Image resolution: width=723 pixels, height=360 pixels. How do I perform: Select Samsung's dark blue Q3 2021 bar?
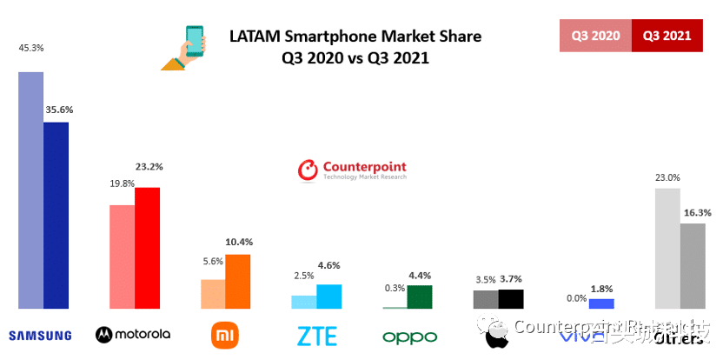point(56,215)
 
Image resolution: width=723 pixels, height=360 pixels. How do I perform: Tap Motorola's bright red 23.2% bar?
point(147,248)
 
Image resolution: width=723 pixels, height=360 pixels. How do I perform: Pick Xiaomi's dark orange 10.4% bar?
point(237,281)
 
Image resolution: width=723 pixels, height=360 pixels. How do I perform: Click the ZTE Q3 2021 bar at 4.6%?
point(328,297)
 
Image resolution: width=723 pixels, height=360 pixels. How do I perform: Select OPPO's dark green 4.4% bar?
point(420,297)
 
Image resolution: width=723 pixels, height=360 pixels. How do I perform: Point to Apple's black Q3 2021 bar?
point(511,299)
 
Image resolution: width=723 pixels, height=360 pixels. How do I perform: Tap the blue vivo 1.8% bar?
point(601,303)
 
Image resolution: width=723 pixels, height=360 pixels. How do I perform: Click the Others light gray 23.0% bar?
point(667,248)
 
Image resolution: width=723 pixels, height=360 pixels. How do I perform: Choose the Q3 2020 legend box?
point(595,36)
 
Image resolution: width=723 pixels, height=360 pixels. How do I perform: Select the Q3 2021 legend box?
point(667,36)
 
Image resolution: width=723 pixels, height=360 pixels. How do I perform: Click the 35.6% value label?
point(59,110)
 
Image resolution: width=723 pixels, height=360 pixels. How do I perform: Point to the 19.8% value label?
point(122,183)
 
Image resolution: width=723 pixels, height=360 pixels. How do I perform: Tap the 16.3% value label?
point(692,212)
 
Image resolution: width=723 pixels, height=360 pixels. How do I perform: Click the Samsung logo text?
point(39,333)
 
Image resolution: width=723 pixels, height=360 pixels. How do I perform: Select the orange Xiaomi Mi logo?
point(224,334)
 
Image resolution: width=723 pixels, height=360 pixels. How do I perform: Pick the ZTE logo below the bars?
point(316,334)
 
